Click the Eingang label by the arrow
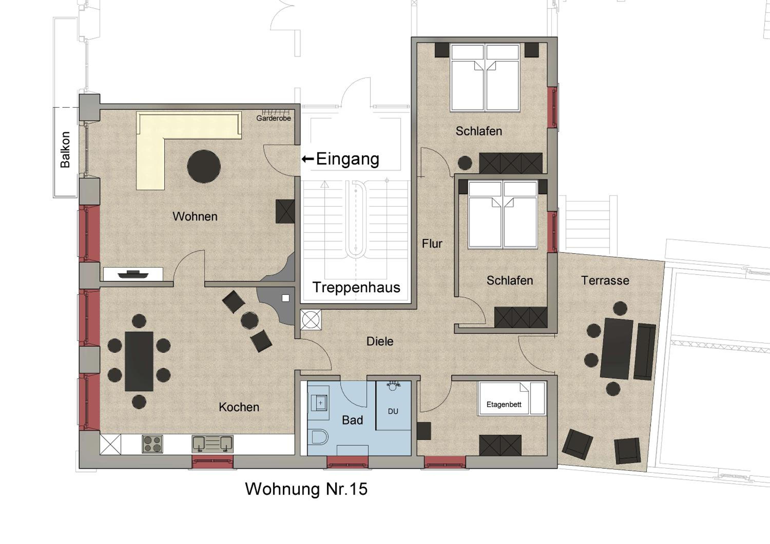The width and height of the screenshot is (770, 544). [x=348, y=159]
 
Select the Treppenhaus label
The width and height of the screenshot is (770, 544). [x=357, y=287]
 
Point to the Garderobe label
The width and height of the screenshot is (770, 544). [x=274, y=118]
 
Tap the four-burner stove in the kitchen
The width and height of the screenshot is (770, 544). [x=152, y=444]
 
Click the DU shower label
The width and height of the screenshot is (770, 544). [x=393, y=411]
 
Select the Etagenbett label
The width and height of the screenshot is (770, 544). [x=504, y=404]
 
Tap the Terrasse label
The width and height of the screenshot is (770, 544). [x=605, y=280]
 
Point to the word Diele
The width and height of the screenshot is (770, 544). [x=380, y=341]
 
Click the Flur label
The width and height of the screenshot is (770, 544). [x=432, y=244]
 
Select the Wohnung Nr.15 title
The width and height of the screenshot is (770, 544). [x=306, y=489]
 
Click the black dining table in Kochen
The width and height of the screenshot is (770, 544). [x=139, y=361]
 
